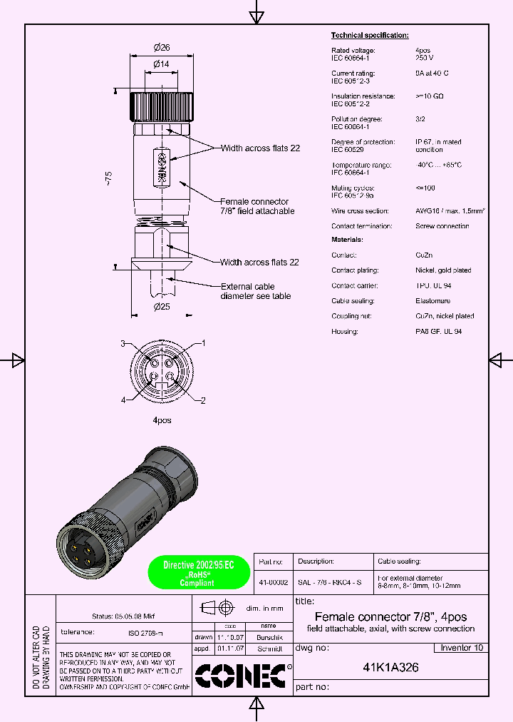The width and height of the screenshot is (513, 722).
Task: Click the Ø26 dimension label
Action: (x=161, y=48)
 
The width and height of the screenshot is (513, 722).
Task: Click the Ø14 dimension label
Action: (x=161, y=64)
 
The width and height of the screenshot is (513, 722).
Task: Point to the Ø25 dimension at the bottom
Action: (x=161, y=307)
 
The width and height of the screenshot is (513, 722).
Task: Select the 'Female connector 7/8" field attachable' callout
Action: (x=256, y=206)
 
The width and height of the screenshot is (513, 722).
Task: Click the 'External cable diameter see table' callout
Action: (x=256, y=291)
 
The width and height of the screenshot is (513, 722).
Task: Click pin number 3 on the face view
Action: (x=123, y=344)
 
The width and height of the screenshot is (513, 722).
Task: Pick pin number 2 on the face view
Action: (x=203, y=400)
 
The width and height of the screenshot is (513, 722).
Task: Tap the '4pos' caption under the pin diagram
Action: (x=162, y=420)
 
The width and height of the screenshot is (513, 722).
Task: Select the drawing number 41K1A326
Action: (x=390, y=668)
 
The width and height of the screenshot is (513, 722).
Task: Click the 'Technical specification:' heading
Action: (x=370, y=35)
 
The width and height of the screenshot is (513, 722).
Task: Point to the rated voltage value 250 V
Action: (x=425, y=58)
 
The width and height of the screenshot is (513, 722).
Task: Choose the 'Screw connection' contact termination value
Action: (x=442, y=226)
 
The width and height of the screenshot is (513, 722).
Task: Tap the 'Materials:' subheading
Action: (x=347, y=240)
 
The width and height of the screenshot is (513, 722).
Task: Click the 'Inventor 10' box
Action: (x=461, y=648)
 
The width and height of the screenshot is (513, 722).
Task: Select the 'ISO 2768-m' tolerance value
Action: (x=145, y=633)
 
